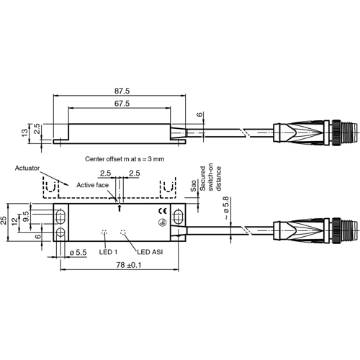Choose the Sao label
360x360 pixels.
pyautogui.click(x=194, y=186)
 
